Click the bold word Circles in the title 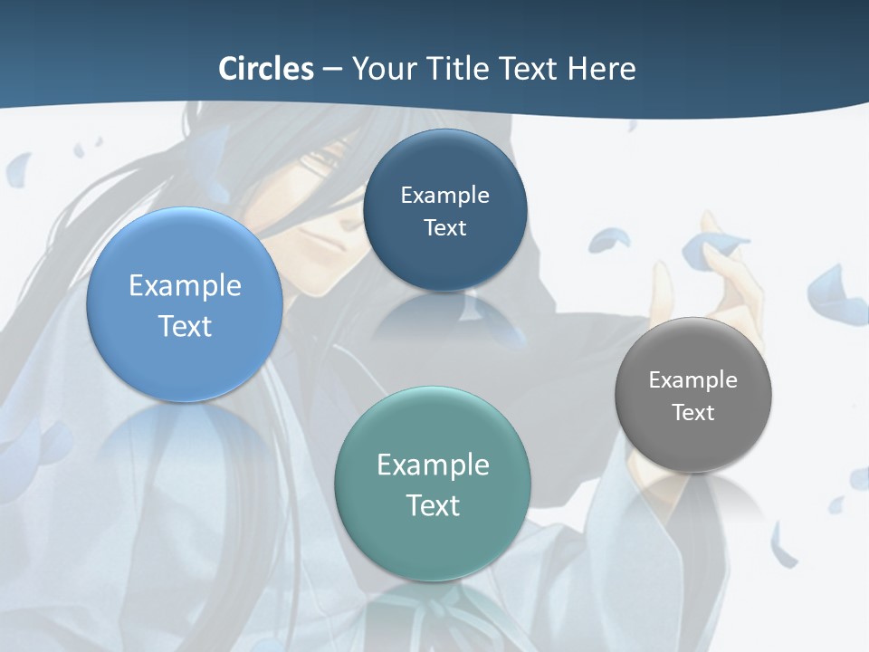coord(266,69)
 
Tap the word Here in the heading coord(601,69)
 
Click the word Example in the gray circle coord(693,380)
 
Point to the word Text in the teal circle coord(433,505)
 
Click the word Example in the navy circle coord(444,196)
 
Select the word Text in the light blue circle coord(185,326)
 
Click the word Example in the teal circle coord(433,465)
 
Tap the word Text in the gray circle coord(693,413)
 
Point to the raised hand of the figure coord(724,272)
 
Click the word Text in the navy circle coord(444,228)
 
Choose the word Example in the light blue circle coord(185,286)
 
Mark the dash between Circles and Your coord(332,70)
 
